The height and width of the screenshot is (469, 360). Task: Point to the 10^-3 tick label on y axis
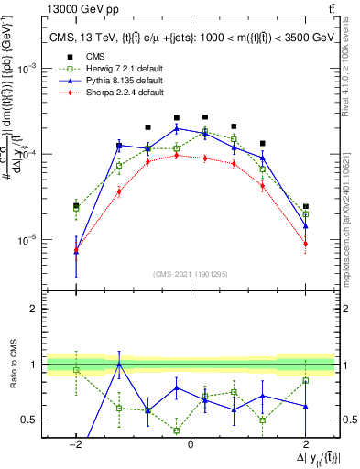tap(29, 69)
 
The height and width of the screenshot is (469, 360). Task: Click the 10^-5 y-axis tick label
tap(29, 240)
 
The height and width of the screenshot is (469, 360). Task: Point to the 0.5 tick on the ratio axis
tap(27, 420)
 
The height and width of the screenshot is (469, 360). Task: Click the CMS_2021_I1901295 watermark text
tap(191, 275)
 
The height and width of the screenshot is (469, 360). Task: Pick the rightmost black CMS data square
tap(305, 207)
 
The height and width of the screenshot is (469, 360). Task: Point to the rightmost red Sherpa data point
tap(305, 244)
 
